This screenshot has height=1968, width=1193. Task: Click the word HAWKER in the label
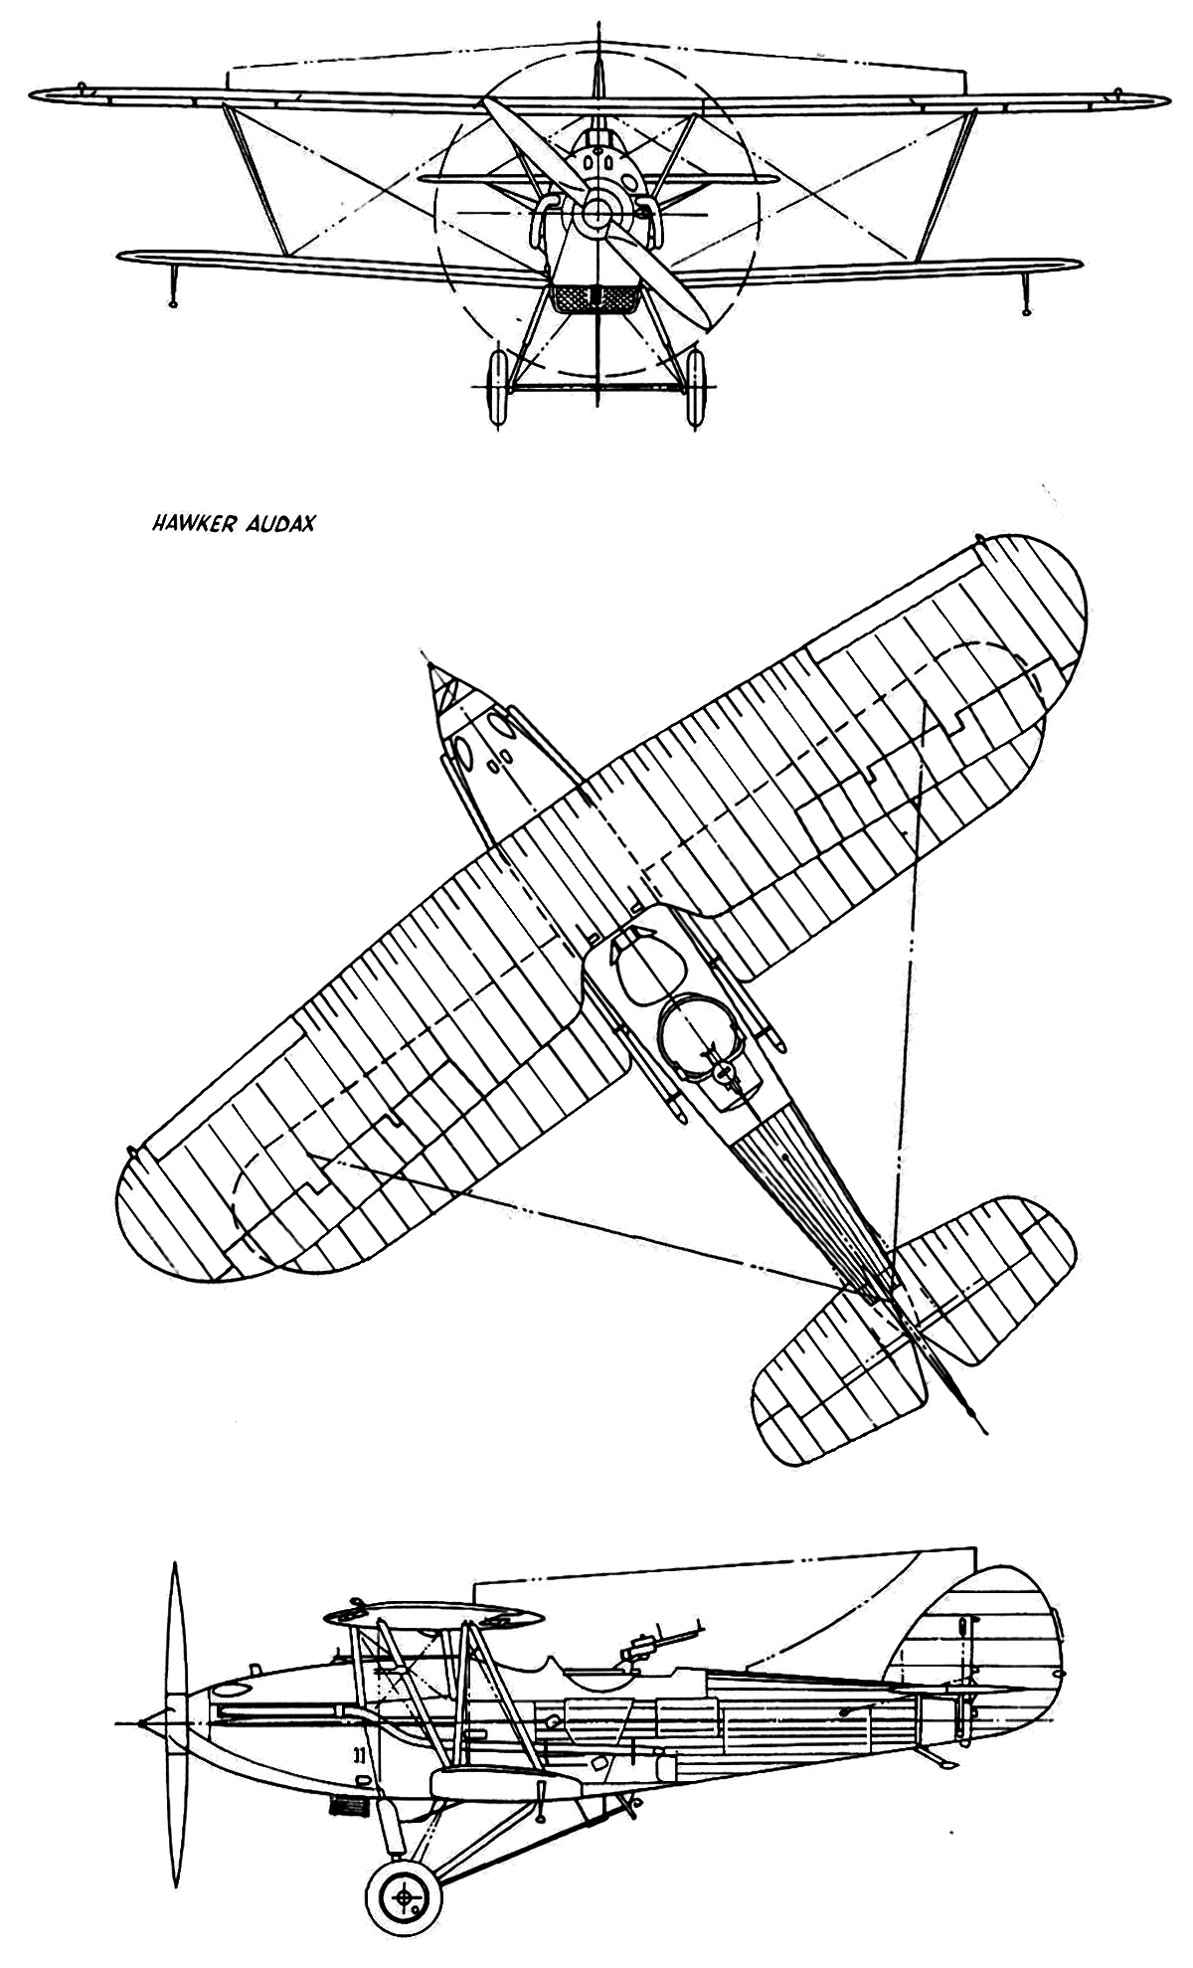point(190,523)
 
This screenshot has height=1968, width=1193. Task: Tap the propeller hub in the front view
point(598,211)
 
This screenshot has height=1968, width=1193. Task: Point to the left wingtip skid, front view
point(174,285)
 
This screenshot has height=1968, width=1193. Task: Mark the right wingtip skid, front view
point(1025,291)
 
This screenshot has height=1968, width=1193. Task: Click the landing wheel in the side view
point(404,1897)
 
